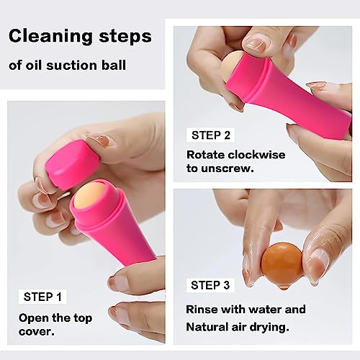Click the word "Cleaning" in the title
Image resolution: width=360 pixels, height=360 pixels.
click(50, 36)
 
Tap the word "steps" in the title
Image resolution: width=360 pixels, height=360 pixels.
click(125, 37)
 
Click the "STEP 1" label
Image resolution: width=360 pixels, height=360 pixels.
click(42, 297)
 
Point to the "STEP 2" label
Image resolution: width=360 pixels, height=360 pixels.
click(211, 135)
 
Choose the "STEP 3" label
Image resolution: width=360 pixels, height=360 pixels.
click(210, 285)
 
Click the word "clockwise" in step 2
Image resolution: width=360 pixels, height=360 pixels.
click(256, 155)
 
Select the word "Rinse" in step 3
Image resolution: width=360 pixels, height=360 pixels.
click(202, 309)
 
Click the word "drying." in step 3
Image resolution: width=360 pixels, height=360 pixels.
click(269, 328)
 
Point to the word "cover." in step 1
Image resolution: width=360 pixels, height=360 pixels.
click(37, 332)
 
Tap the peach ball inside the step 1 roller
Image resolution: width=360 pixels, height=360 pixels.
click(91, 193)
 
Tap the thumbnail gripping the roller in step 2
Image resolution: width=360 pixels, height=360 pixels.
click(254, 43)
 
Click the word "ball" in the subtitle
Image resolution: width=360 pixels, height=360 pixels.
click(114, 66)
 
